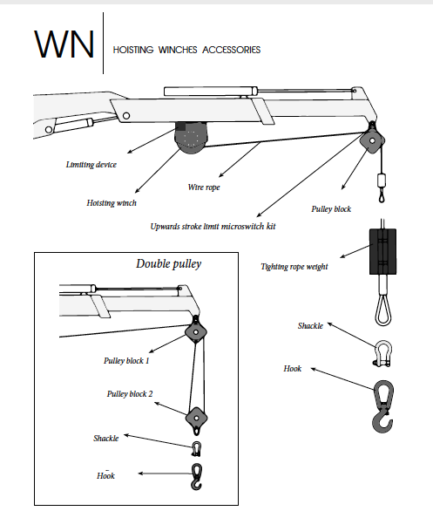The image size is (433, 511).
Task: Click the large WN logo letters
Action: pos(64,44)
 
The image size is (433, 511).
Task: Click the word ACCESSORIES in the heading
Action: pos(232,50)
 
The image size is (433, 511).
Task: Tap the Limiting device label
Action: pos(91,165)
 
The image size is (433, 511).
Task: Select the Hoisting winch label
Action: pos(112,203)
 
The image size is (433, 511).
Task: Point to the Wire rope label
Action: pos(204,187)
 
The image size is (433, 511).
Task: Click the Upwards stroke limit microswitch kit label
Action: pos(213,227)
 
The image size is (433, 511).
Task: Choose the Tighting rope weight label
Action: pos(294,267)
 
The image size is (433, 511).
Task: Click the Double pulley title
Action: pos(169,263)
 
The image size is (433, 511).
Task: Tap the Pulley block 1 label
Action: pos(126,361)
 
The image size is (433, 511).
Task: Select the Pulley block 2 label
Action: pos(130,394)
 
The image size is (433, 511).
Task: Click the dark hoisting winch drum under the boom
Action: pos(191,137)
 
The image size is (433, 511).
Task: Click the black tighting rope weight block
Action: pos(382,251)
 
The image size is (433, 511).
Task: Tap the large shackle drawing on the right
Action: pos(383,353)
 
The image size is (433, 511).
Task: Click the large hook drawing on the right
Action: pos(383,406)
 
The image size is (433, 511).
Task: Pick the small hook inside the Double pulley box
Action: pos(196,476)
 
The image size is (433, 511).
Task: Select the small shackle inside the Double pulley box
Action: pos(197,449)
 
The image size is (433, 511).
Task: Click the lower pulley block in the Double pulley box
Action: pos(196,419)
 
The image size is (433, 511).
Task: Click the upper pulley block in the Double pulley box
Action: pos(196,332)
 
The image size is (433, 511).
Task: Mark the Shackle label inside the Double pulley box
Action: pos(105,439)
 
